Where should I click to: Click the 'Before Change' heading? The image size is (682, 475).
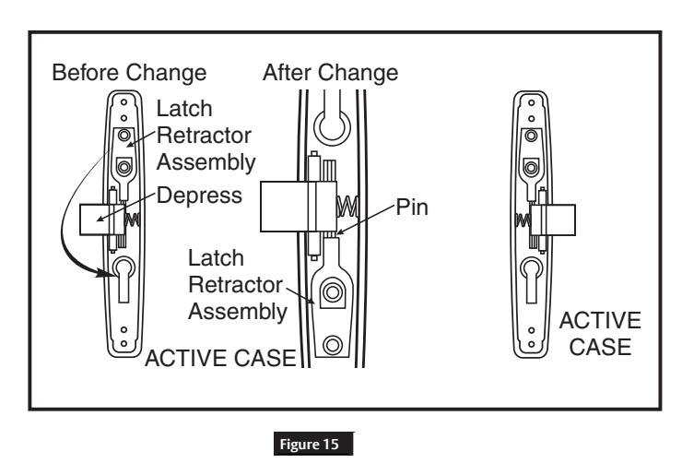(129, 72)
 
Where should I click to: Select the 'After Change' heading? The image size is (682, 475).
(330, 72)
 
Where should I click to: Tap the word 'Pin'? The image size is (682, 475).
(412, 208)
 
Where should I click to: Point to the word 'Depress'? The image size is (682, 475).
(199, 196)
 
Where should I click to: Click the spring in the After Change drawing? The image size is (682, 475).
(347, 207)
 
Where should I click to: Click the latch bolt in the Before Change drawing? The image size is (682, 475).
(96, 220)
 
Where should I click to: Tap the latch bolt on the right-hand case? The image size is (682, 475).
(554, 220)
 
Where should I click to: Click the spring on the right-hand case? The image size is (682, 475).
(523, 220)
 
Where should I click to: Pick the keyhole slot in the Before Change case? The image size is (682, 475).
(123, 279)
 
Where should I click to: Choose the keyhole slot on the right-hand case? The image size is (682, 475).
(531, 279)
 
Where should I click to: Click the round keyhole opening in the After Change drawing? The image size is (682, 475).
(333, 126)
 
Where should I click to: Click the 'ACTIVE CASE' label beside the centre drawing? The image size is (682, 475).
(220, 358)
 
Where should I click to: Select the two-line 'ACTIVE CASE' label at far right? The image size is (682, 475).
(600, 334)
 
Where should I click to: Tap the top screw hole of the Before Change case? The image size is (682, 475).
(124, 102)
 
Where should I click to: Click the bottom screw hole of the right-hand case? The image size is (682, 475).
(531, 344)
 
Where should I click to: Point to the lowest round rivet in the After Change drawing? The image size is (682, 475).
(333, 345)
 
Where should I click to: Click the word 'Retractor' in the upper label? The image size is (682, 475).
(204, 136)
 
